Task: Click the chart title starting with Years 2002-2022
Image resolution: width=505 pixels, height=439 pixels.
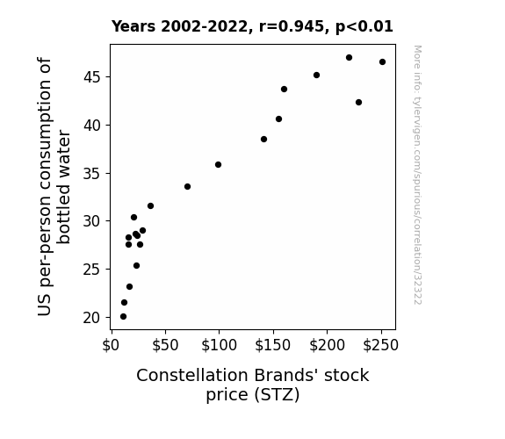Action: [252, 26]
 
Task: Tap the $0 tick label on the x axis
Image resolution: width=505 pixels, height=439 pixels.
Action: [111, 345]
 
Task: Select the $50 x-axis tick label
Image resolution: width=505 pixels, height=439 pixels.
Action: [165, 345]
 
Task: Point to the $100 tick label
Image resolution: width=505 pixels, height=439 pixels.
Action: [219, 345]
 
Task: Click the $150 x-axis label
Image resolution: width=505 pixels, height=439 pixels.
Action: [273, 345]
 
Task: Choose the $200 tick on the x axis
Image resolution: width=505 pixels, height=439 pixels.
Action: [328, 345]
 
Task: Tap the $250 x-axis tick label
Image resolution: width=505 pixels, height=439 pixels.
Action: [381, 345]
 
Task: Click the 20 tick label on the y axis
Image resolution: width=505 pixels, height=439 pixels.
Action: [92, 318]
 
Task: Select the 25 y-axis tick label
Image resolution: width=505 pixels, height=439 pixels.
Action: [92, 270]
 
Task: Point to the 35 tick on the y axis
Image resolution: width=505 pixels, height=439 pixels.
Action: [92, 174]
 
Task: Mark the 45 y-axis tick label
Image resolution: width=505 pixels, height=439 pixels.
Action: [92, 77]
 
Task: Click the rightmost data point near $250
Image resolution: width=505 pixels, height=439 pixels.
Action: [382, 61]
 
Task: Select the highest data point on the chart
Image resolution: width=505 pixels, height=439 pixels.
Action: [349, 58]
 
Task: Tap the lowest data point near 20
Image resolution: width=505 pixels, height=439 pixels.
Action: [123, 317]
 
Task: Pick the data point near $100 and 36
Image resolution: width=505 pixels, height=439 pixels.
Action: [218, 164]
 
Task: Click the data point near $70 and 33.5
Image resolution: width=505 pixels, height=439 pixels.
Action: [187, 186]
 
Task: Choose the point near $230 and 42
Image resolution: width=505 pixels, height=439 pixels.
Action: [358, 103]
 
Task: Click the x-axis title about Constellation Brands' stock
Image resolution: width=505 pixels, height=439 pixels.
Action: [253, 385]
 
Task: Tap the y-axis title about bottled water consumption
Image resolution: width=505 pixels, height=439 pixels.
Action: [54, 187]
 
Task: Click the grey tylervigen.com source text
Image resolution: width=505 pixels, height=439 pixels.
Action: [417, 175]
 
